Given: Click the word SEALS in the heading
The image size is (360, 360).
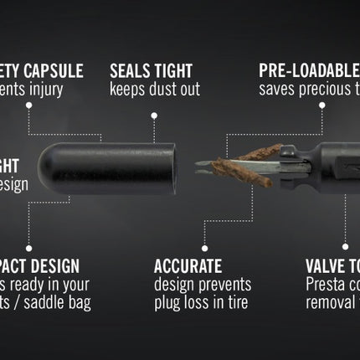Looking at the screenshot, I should click(131, 71).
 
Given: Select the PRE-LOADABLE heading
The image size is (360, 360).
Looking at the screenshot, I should click(308, 71).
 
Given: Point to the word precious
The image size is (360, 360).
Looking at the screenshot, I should click(324, 89).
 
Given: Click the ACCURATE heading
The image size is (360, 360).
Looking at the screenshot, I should click(188, 267).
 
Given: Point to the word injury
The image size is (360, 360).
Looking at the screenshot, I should click(62, 89).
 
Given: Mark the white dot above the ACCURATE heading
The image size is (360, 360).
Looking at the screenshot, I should click(204, 249).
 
